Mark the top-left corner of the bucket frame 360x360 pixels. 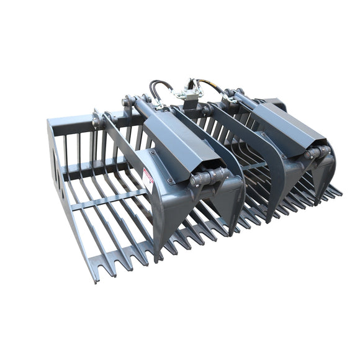[x=49, y=121]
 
